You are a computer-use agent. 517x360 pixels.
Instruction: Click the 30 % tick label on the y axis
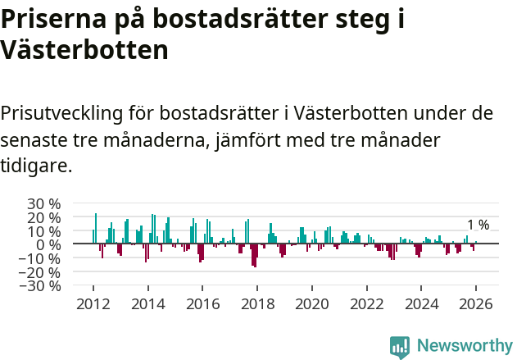[x=43, y=203]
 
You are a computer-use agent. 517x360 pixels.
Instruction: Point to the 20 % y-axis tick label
[x=43, y=217]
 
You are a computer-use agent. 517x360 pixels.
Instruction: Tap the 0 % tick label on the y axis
[x=48, y=244]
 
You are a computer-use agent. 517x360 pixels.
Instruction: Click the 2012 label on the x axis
[x=93, y=303]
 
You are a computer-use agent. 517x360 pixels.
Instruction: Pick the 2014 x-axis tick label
[x=147, y=303]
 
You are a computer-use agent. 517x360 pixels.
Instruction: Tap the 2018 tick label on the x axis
[x=257, y=303]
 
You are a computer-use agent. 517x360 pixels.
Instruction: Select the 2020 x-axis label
[x=311, y=303]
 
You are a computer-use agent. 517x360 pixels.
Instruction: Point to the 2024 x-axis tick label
[x=421, y=303]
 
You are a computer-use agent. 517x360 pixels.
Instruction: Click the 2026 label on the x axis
[x=476, y=303]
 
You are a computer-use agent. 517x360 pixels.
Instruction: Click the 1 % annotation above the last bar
[x=478, y=226]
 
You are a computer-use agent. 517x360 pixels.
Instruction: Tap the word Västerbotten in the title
[x=84, y=50]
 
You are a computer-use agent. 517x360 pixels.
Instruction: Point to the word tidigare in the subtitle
[x=34, y=166]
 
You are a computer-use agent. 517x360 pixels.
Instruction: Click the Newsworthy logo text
[x=464, y=345]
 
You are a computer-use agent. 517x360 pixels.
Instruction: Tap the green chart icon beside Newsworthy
[x=400, y=346]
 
